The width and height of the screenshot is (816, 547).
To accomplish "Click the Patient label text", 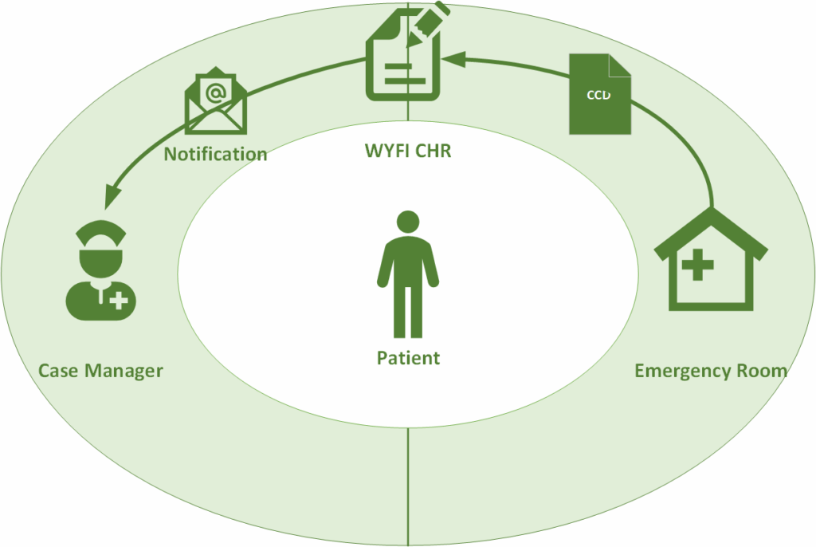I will coord(408,357).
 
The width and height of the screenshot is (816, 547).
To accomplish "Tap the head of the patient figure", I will coord(408,224).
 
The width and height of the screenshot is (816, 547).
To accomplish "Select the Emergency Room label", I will coord(710,371).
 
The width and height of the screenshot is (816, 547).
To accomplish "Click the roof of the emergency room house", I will coord(710,226).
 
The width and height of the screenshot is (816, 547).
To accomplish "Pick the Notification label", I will coord(215,153).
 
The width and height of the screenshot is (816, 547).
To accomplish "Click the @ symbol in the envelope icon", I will coord(215,93).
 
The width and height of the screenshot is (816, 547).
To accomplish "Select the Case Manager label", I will coord(100,371).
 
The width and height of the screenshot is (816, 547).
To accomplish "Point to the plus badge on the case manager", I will coord(119,301).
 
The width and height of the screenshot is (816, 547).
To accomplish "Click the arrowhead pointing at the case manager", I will coord(113,194).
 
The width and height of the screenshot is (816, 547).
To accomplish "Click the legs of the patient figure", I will coord(408,311).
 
